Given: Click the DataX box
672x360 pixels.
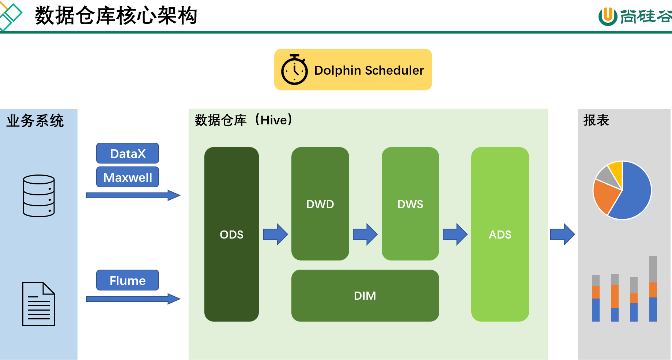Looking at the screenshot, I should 128,153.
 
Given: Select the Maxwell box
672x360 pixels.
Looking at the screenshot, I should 128,177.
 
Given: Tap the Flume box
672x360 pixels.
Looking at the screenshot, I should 128,280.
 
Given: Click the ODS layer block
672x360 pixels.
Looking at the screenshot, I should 231,234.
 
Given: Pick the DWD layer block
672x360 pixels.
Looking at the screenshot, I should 320,204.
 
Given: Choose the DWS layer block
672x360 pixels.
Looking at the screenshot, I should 410,204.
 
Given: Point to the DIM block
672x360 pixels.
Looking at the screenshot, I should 365,296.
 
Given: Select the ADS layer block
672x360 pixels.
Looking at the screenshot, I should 500,234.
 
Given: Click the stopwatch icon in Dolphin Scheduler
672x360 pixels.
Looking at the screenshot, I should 294,70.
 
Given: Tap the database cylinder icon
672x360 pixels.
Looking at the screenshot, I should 39,196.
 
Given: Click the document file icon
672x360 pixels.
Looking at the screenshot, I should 39,304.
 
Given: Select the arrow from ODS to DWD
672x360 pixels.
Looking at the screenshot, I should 276,234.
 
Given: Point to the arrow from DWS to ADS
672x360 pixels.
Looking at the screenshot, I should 455,234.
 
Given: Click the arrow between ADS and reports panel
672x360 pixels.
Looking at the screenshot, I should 563,234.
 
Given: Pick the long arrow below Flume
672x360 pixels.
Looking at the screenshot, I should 133,299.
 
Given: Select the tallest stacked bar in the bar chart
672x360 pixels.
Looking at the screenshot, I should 653,289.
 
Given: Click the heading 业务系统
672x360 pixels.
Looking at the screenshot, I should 35,121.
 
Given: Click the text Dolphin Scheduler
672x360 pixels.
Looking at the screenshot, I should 369,70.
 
